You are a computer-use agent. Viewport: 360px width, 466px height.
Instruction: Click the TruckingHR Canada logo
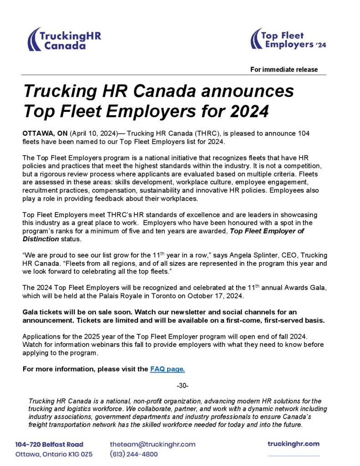pyautogui.click(x=64, y=40)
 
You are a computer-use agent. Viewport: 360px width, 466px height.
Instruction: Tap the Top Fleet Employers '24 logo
pyautogui.click(x=288, y=40)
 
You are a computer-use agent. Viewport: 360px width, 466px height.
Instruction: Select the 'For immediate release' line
pyautogui.click(x=284, y=70)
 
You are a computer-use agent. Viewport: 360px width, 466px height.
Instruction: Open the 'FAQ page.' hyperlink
pyautogui.click(x=167, y=369)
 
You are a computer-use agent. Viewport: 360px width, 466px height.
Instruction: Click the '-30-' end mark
pyautogui.click(x=182, y=386)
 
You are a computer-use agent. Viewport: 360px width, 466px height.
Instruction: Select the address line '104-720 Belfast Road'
pyautogui.click(x=49, y=444)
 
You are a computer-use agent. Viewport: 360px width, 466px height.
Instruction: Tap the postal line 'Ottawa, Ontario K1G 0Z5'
pyautogui.click(x=54, y=454)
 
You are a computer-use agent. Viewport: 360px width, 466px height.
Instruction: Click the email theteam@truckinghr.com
pyautogui.click(x=152, y=444)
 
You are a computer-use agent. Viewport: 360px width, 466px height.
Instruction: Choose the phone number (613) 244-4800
pyautogui.click(x=134, y=454)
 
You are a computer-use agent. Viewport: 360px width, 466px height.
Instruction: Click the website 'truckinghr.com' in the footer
pyautogui.click(x=294, y=444)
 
